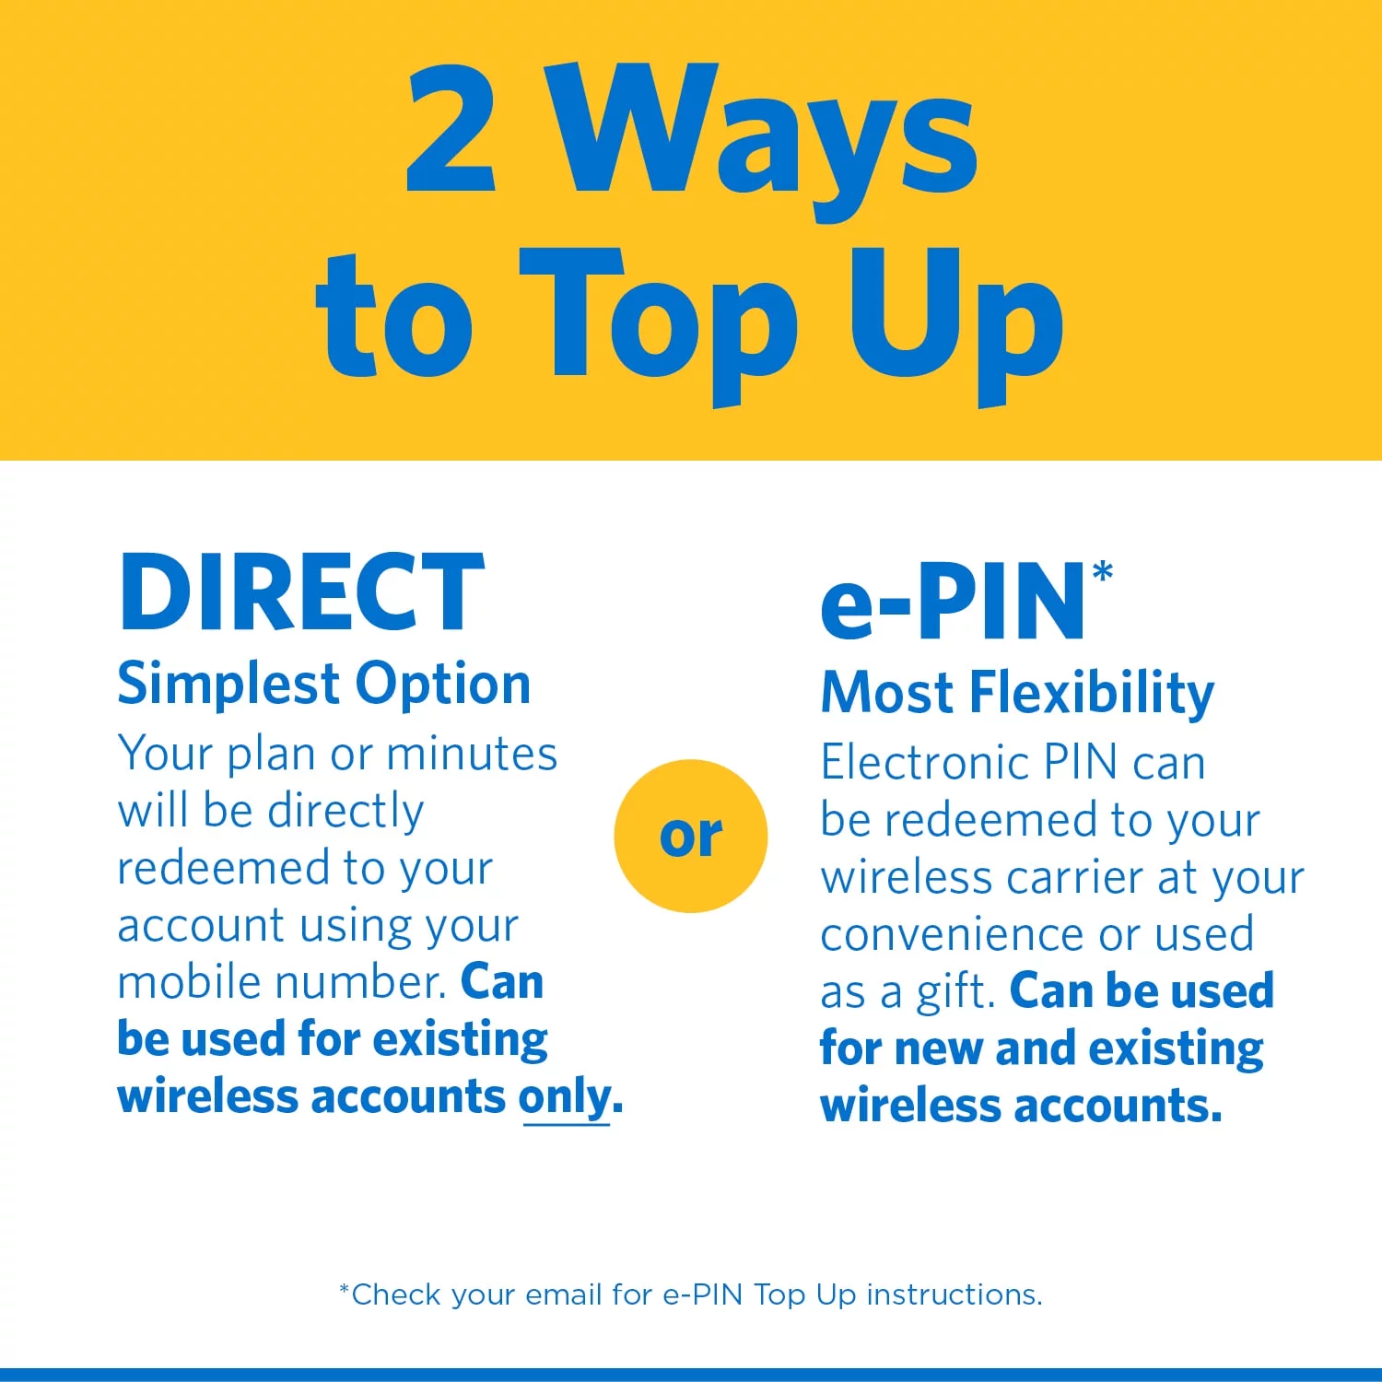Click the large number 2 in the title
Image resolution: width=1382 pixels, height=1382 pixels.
451,129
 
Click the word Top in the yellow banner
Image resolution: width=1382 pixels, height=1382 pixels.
658,318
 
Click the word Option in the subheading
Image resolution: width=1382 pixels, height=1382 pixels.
443,685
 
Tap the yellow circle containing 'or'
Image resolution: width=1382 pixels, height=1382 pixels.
691,836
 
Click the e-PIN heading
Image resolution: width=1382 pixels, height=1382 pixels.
954,602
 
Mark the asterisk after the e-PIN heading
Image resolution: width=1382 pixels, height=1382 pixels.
1103,573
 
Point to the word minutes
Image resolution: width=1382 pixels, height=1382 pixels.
472,754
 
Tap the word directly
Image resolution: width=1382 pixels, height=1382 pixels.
345,811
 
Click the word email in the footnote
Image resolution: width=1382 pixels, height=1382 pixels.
565,1294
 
